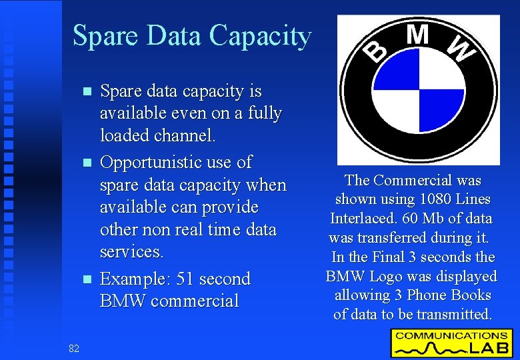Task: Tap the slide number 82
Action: (x=73, y=348)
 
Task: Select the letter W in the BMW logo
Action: (x=459, y=48)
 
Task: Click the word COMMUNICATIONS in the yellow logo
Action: (x=451, y=335)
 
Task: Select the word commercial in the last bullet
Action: (x=195, y=301)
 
